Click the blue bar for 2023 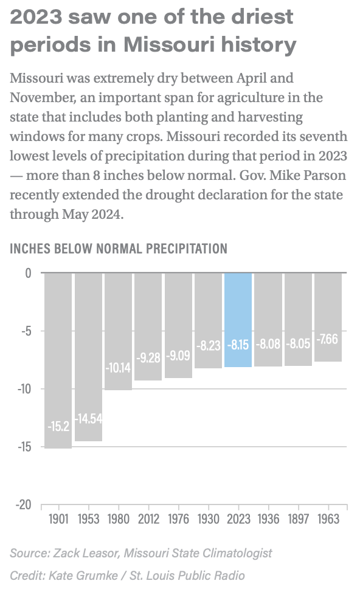238,320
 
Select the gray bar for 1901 58,360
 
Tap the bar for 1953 88,357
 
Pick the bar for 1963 328,317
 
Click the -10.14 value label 118,367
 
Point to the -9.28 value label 148,357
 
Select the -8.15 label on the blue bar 238,345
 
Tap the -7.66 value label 328,339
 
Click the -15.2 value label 58,426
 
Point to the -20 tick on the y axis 24,504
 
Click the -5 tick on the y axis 26,331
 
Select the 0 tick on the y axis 29,273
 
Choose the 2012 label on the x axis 148,519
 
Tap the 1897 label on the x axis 299,519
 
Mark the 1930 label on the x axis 209,519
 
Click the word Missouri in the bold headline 170,44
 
